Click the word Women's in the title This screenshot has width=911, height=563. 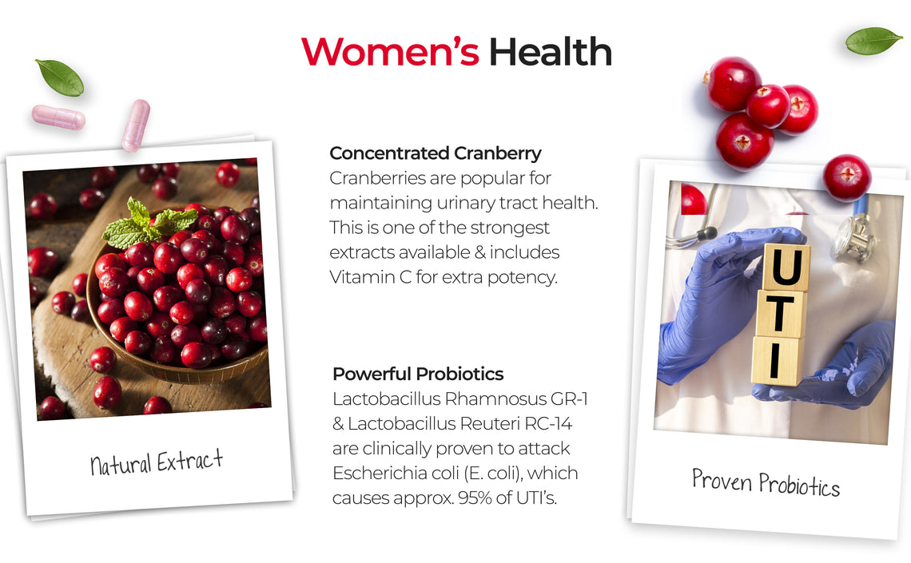(390, 52)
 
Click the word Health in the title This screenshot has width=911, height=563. (551, 52)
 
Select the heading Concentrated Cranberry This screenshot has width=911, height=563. (436, 153)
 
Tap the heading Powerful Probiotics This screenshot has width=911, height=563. (418, 374)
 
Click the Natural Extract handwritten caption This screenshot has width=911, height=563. (157, 462)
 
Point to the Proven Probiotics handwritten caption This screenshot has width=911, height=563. (766, 482)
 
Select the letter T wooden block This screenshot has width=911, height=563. (780, 313)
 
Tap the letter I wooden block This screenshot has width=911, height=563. (776, 360)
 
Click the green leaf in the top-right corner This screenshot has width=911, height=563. (873, 41)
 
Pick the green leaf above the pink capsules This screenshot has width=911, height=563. (60, 77)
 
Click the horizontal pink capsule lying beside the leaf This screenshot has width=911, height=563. (58, 117)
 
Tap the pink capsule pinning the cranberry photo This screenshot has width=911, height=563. (136, 125)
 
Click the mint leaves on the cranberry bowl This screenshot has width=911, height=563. (148, 224)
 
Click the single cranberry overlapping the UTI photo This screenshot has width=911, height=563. (847, 177)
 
